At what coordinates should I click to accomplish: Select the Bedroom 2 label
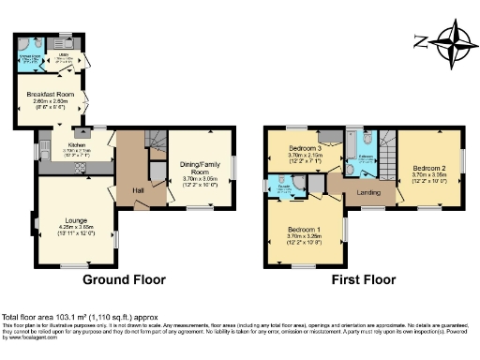[x=427, y=167]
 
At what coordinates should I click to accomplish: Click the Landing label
[x=367, y=193]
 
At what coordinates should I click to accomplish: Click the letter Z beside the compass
[x=419, y=41]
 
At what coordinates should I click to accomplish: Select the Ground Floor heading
[x=124, y=279]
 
